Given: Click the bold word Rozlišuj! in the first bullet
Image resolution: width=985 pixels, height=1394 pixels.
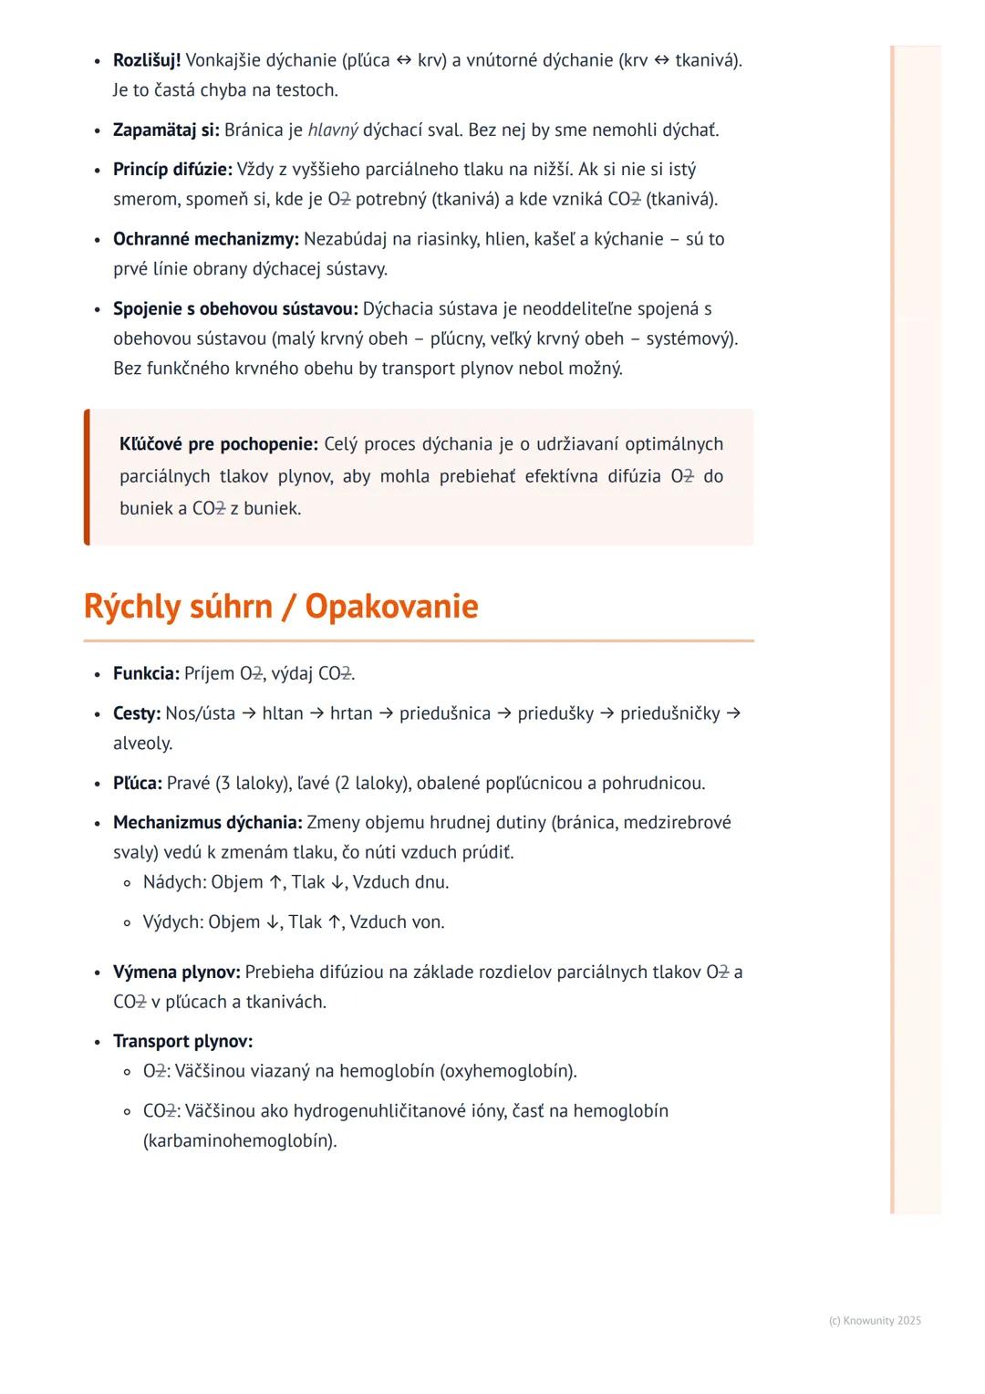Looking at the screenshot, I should pos(147,60).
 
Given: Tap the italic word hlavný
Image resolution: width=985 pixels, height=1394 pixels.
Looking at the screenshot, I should pos(333,130).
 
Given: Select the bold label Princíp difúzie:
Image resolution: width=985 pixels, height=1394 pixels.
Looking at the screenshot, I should pos(172,169).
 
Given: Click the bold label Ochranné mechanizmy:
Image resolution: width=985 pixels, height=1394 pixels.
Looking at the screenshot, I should pos(205,238).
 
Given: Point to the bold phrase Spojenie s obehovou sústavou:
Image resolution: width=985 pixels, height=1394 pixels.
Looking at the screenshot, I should pos(235,308).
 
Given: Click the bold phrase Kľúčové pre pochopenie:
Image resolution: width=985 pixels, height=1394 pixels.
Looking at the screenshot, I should pos(219,443).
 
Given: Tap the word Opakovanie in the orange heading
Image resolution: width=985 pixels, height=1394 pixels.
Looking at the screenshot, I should pos(391,606).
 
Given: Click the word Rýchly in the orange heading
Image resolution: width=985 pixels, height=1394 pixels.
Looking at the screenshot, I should pos(133,606).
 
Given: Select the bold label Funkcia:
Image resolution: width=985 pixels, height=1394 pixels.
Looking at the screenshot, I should pos(146,673).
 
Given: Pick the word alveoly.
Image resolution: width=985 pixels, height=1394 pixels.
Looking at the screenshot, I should pos(142,743).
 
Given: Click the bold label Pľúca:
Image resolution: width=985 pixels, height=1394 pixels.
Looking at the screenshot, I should pos(138,783).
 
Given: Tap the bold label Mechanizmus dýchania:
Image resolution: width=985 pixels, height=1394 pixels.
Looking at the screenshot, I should pos(207,822).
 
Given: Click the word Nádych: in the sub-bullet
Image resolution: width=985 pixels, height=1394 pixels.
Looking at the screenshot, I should pos(174,882).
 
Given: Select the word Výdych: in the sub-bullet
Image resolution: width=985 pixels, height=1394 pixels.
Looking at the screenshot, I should pos(173,921).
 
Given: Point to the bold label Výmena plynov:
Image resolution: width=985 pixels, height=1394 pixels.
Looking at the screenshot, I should pos(177,972).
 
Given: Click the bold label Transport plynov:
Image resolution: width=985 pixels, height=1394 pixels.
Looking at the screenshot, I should pos(182,1041).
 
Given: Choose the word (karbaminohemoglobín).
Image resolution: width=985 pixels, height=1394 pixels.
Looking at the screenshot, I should pos(240,1140).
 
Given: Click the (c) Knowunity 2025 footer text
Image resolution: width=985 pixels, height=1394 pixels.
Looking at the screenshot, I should pos(875,1320).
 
